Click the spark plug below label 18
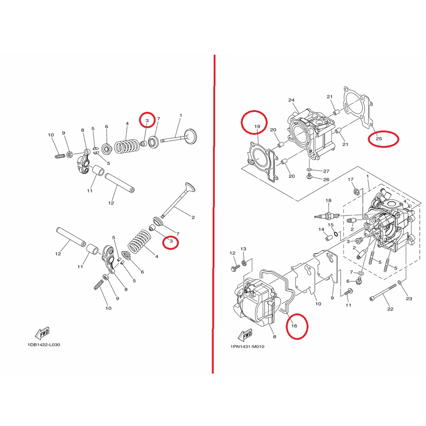point(327,216)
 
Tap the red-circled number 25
point(379,139)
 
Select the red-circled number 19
point(257,126)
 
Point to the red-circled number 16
point(294,325)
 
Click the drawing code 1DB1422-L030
point(44,344)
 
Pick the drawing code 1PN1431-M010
point(247,347)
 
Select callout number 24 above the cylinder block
point(291,100)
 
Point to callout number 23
point(409,299)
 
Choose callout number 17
point(350,179)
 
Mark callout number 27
point(326,171)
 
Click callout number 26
point(326,180)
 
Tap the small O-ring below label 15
point(336,234)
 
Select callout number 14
point(322,229)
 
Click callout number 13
point(243,249)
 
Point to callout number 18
point(329,201)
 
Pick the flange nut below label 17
point(356,192)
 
